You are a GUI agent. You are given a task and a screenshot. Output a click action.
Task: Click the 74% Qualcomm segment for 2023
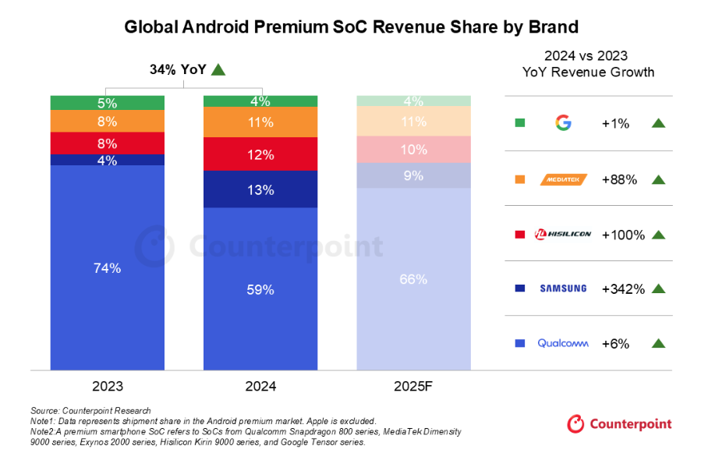(x=108, y=267)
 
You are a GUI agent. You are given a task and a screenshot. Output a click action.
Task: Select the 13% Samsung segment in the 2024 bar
(x=260, y=189)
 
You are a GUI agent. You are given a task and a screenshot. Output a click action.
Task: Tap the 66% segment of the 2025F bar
(x=413, y=278)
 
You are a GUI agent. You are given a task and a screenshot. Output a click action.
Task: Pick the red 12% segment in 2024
(x=260, y=154)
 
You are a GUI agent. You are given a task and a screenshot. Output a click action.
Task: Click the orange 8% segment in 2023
(x=108, y=121)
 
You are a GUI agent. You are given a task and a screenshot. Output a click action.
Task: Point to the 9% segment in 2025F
(x=413, y=175)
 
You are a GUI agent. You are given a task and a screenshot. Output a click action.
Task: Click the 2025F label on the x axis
(x=413, y=386)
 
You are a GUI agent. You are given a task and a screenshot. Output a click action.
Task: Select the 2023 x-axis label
(x=108, y=386)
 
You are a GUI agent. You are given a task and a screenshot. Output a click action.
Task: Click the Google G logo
(x=563, y=123)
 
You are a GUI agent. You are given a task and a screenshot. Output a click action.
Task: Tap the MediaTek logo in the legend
(x=563, y=179)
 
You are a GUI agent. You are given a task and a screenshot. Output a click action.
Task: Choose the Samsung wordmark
(x=563, y=288)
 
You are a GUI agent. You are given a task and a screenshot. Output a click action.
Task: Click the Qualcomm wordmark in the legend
(x=563, y=343)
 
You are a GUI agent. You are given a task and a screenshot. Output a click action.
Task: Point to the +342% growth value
(x=623, y=288)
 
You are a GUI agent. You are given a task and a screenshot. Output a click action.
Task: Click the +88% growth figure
(x=620, y=179)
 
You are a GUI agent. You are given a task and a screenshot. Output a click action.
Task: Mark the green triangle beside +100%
(x=658, y=234)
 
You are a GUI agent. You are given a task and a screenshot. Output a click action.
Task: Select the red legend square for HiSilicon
(x=520, y=234)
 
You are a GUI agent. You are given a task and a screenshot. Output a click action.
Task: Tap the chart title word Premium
(x=319, y=27)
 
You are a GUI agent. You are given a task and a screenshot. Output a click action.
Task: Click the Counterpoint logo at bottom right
(x=619, y=424)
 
